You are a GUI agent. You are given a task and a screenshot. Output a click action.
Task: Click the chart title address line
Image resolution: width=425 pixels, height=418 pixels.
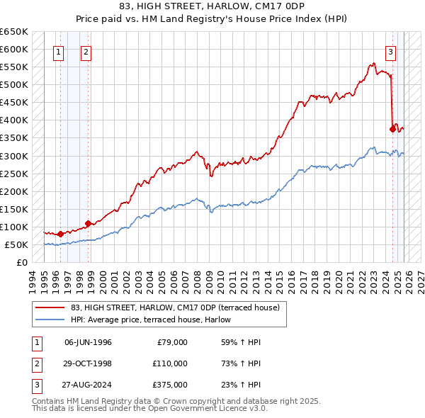tap(212, 6)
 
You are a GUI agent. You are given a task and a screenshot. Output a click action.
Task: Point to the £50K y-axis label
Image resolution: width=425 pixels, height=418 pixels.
tap(16, 244)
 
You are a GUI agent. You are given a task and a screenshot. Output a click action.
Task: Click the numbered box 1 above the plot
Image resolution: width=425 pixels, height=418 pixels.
tap(57, 51)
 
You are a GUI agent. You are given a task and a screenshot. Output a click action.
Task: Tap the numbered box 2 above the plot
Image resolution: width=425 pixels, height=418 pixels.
tap(85, 51)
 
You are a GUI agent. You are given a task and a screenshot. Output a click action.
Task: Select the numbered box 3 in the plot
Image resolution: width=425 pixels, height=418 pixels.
tap(390, 51)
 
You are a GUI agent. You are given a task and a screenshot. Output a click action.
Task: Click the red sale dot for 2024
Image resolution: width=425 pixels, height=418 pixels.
tap(392, 129)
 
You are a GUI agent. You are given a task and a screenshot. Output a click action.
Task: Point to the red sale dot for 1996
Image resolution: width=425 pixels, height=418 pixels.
tap(60, 234)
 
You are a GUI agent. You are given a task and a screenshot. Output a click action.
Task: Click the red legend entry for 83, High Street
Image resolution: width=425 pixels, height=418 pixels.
tap(175, 307)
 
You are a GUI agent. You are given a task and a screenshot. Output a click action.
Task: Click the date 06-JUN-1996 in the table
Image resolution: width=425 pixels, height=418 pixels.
tap(88, 342)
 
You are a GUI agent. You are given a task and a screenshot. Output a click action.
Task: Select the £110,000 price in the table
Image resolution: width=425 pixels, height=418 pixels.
tap(170, 363)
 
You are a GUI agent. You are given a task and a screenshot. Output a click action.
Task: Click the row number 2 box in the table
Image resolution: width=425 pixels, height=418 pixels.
tap(35, 363)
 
